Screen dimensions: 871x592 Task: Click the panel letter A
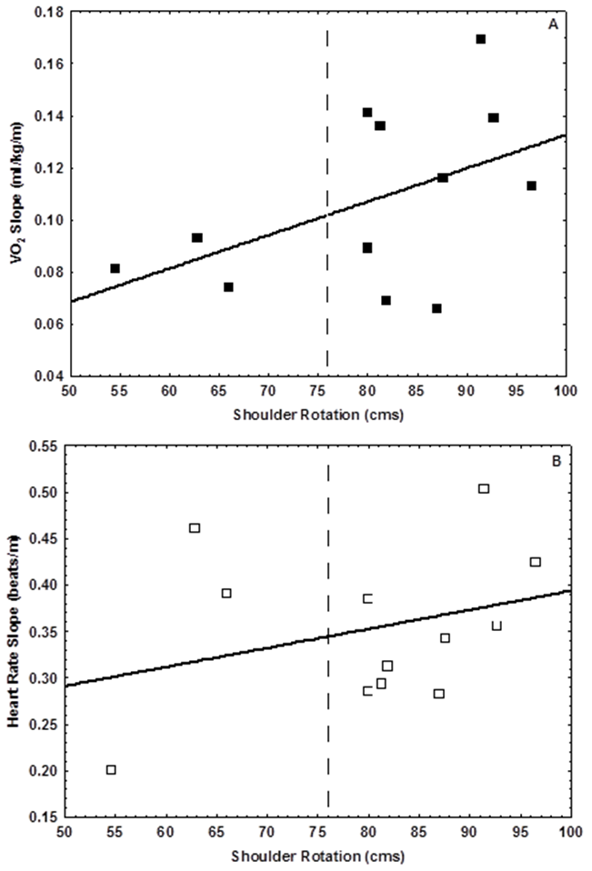(x=552, y=25)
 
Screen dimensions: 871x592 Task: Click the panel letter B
(x=555, y=461)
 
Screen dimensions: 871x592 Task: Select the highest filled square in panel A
(x=481, y=39)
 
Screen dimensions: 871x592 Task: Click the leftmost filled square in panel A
(x=115, y=268)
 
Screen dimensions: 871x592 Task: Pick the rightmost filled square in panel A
(x=532, y=185)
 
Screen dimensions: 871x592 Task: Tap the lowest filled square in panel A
(x=436, y=308)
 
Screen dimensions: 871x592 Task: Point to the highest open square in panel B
(x=484, y=488)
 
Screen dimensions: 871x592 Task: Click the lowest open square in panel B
(x=111, y=770)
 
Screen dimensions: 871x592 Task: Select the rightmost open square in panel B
(x=536, y=562)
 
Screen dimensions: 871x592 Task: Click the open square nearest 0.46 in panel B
(x=195, y=528)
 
